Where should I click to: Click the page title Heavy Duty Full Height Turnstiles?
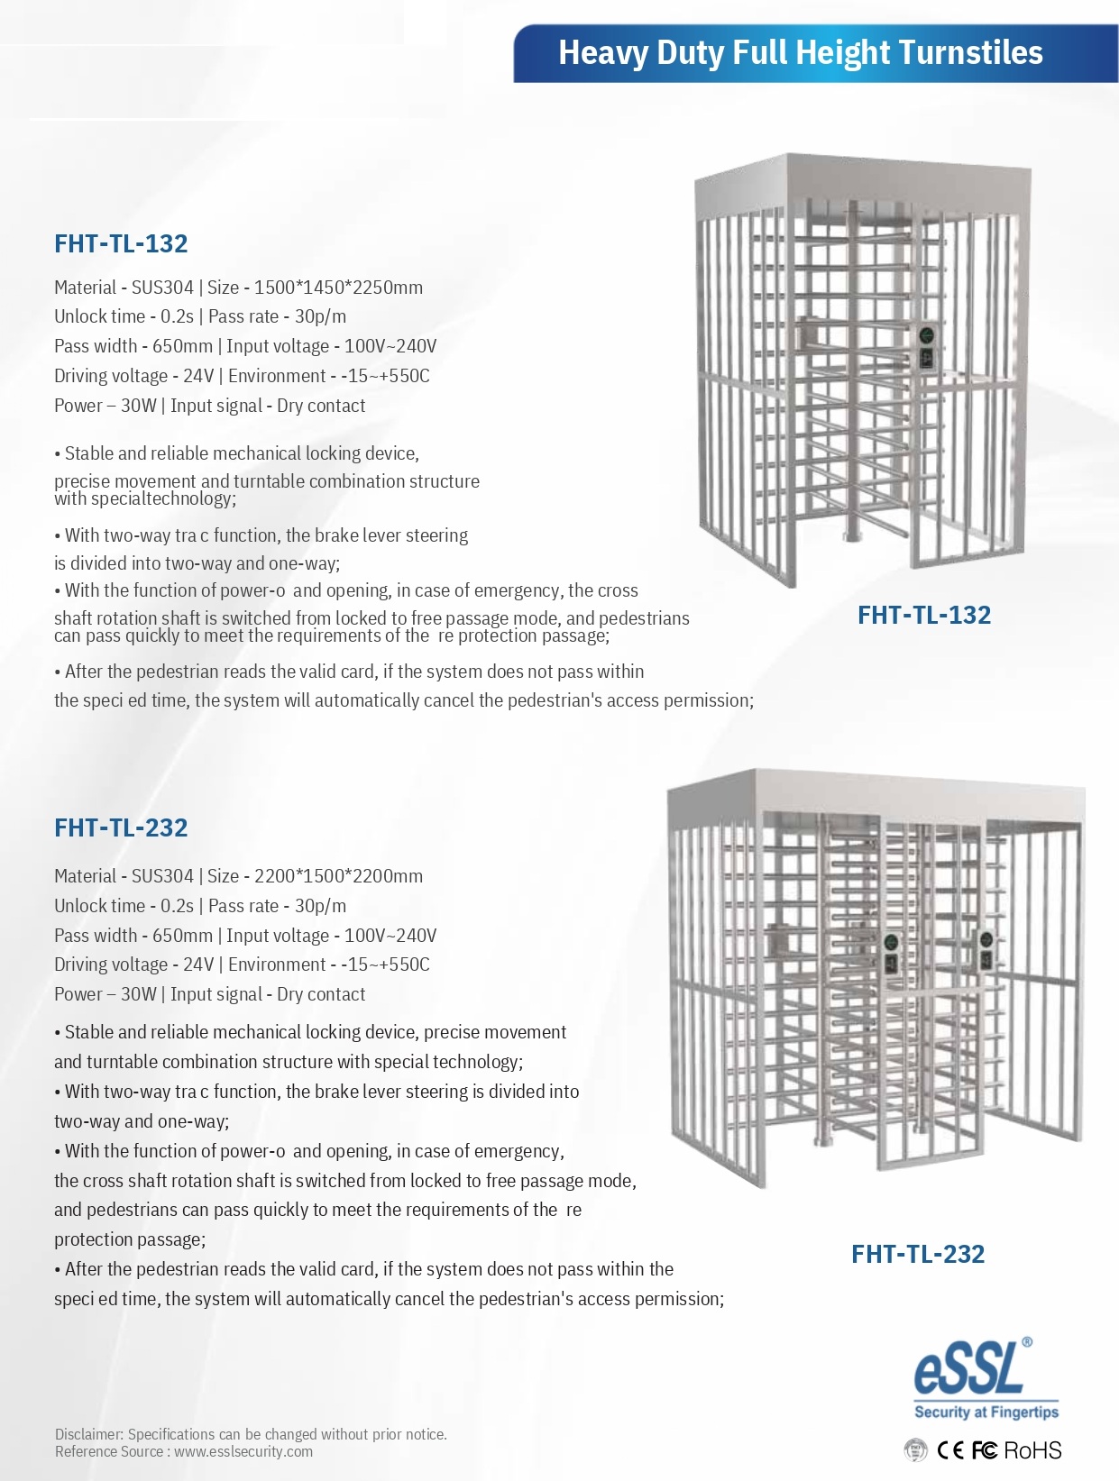coord(800,53)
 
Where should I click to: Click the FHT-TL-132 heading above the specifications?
coord(121,243)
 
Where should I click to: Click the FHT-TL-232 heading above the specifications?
coord(121,827)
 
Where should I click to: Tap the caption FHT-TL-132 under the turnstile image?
coord(923,615)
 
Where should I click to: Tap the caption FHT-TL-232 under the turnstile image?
coord(917,1254)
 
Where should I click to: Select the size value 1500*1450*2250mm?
coord(338,288)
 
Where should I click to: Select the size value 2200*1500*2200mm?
coord(338,876)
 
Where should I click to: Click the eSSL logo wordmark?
coord(969,1368)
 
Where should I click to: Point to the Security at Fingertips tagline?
coord(986,1412)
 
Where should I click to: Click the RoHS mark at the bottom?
coord(1032,1450)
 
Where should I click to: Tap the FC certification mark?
coord(984,1450)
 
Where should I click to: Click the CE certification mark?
coord(950,1450)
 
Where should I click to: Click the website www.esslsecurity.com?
coord(243,1452)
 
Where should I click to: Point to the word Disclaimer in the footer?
coord(88,1434)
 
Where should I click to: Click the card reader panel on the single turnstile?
coord(927,349)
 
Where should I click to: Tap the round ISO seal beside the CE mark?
coord(915,1450)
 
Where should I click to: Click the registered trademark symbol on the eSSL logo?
coord(1027,1342)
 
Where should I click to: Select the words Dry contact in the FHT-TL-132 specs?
coord(321,406)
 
